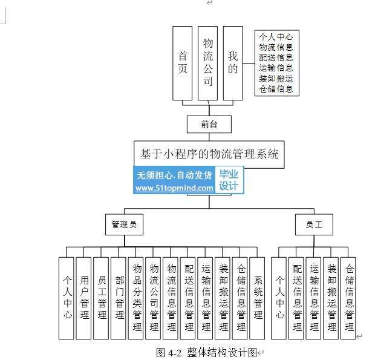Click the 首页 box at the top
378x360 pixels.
tap(182, 63)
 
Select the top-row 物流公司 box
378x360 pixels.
tap(207, 63)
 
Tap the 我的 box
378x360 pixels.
tap(233, 63)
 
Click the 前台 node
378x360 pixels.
tap(209, 123)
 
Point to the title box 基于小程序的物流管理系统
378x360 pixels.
tap(209, 154)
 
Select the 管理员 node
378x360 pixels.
tap(125, 225)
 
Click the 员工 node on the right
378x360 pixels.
tap(314, 225)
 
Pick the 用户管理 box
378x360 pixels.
tap(85, 297)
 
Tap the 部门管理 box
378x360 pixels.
tap(119, 297)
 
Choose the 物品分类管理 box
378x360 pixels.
tap(137, 297)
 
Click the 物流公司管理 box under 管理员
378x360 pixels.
tap(154, 297)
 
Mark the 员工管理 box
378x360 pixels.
tap(102, 297)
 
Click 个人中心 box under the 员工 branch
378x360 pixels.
tap(279, 297)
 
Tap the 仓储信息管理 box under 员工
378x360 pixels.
tap(349, 297)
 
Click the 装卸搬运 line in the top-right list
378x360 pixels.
tap(276, 79)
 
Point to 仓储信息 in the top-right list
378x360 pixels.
tap(276, 89)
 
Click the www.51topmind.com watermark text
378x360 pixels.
tap(174, 188)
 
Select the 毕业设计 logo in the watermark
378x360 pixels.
tap(229, 180)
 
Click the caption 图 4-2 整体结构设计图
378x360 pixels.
tap(206, 352)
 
